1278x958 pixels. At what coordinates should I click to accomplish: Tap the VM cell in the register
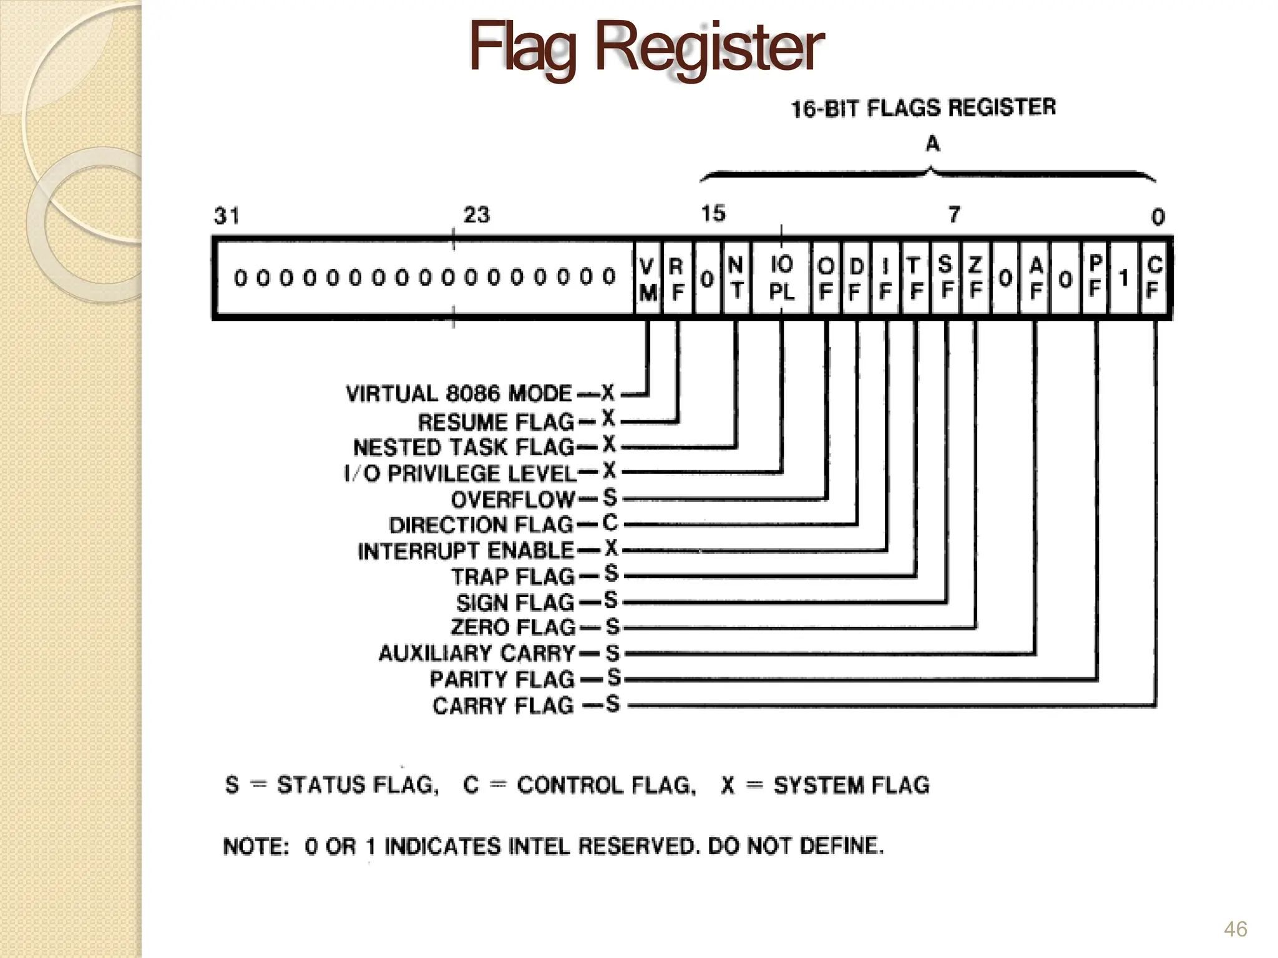(648, 279)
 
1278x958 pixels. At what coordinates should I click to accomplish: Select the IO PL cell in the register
(781, 278)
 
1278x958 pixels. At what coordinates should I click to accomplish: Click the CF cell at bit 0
(1154, 278)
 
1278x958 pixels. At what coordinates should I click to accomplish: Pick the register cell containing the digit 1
(1124, 278)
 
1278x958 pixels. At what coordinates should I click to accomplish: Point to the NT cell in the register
(736, 278)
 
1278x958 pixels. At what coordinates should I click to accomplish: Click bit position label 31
(227, 216)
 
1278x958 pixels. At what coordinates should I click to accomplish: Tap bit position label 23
(477, 215)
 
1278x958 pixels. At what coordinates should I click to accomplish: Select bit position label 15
(713, 214)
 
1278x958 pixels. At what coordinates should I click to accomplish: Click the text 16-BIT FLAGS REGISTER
(924, 109)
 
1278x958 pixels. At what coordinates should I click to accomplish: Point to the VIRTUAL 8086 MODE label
(459, 394)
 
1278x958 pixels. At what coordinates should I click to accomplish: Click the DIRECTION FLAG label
(480, 525)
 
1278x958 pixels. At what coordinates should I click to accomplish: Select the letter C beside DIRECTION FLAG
(610, 523)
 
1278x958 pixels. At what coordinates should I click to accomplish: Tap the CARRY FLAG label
(503, 705)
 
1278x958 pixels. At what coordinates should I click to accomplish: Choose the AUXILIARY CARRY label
(477, 653)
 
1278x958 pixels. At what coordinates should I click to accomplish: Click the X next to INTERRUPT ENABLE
(611, 548)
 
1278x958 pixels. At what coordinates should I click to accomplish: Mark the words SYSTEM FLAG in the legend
(851, 785)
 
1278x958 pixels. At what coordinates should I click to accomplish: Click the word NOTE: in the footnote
(256, 846)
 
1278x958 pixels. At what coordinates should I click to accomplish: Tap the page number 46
(1235, 929)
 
